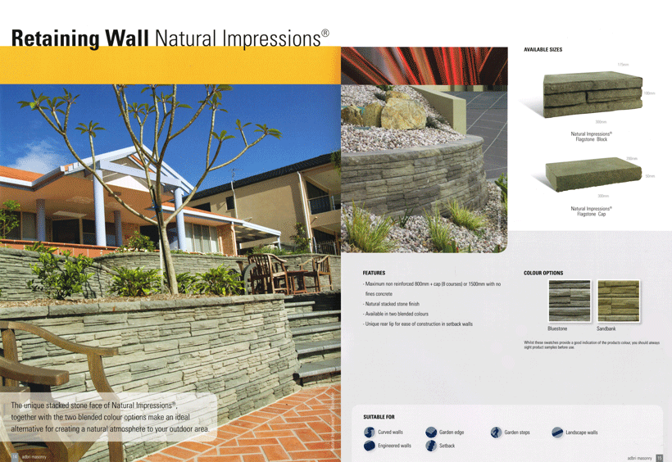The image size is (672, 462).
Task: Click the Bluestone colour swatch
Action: pos(569,301)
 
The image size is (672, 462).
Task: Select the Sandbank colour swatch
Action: pos(618,301)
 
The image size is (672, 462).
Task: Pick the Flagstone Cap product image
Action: pos(592,176)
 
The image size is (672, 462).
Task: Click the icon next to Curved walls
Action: pos(370,433)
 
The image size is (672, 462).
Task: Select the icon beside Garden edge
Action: pos(431,433)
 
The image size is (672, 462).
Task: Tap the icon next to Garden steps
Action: pos(496,433)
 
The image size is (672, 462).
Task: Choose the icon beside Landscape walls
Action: pos(557,433)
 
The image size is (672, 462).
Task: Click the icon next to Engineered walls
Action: pos(370,446)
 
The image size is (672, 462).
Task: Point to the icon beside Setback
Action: pos(431,446)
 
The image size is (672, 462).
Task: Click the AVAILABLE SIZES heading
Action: pos(543,50)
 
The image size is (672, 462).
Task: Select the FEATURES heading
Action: pos(374,273)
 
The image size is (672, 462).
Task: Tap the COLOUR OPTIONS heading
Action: pos(543,273)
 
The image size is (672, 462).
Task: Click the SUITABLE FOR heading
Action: pos(379,417)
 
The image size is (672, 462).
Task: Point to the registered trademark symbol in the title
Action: pos(325,33)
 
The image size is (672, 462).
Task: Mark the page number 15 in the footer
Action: pos(660,457)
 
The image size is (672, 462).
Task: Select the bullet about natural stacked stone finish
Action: pos(403,304)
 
